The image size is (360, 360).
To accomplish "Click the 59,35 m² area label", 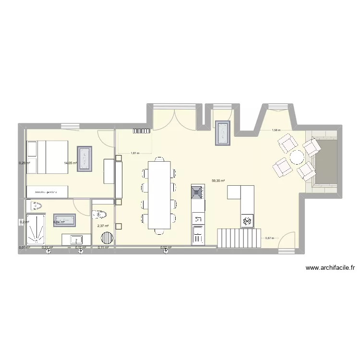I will (218, 181).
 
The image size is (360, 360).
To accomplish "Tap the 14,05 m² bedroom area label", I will (71, 163).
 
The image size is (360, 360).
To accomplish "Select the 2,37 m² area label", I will (103, 226).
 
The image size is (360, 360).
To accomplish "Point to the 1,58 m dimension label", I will (276, 130).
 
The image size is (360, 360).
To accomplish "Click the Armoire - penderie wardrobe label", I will (46, 192).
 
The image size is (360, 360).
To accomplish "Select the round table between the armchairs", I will (296, 157).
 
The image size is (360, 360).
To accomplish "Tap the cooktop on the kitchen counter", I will (197, 193).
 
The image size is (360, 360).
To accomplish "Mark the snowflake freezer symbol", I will (247, 221).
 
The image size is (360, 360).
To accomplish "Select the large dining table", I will (159, 194).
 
